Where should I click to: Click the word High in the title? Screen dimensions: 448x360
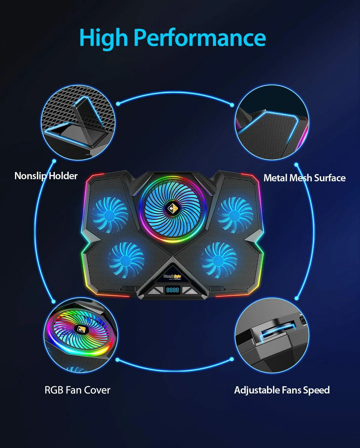(103, 38)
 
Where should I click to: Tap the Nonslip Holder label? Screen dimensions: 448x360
(46, 176)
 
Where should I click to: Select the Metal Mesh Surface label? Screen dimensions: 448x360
(304, 178)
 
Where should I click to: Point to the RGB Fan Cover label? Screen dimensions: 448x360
(77, 390)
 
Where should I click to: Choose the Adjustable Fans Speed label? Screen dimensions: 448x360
(282, 390)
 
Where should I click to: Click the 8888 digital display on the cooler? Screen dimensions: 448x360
(172, 290)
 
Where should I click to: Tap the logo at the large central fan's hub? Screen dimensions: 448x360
(172, 208)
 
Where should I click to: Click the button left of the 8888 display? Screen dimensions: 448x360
(154, 291)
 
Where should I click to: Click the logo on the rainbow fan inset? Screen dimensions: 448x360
(80, 329)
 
